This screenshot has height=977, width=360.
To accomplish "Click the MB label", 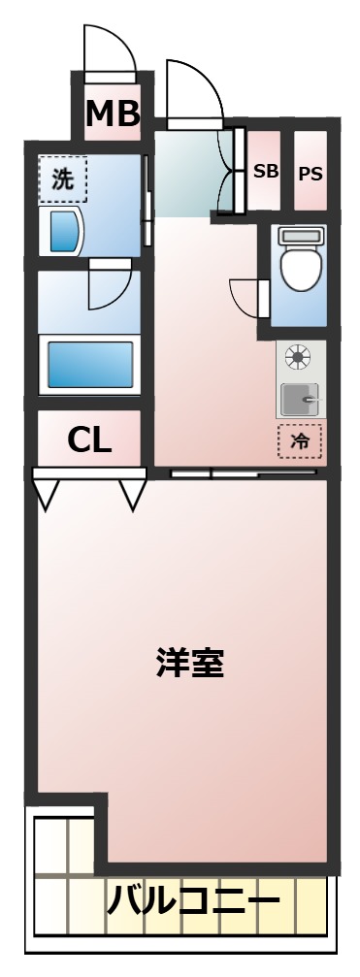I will [x=113, y=114].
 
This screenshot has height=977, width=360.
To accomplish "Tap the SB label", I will [x=266, y=172].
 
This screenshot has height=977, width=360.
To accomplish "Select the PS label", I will [x=311, y=174].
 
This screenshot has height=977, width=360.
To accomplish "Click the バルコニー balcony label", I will [x=193, y=903].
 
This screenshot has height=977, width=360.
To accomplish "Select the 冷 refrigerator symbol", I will [x=300, y=441].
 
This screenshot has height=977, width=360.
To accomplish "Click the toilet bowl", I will [x=299, y=268].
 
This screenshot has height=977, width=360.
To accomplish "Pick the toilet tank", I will [x=299, y=235].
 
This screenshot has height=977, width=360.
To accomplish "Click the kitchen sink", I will [x=300, y=399].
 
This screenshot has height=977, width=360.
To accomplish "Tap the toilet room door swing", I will [x=246, y=297].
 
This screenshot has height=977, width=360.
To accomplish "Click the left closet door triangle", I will [x=47, y=493].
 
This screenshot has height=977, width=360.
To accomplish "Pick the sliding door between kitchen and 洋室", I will [x=243, y=473].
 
